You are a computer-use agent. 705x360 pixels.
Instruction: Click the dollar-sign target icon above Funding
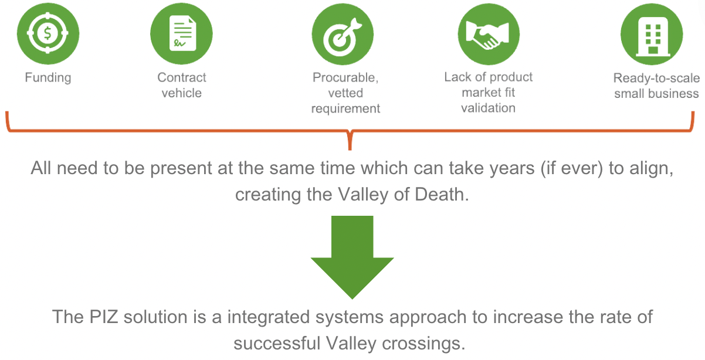[x=48, y=33]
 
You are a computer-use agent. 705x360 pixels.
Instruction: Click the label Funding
[x=48, y=77]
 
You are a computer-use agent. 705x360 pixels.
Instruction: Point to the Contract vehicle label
[x=182, y=85]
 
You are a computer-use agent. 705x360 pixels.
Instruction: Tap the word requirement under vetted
[x=345, y=108]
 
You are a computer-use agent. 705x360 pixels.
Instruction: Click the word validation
[x=488, y=108]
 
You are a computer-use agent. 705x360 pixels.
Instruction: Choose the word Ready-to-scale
[x=656, y=78]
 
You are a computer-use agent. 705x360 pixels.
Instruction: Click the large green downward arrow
[x=352, y=258]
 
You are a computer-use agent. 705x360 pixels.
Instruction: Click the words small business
[x=656, y=94]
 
